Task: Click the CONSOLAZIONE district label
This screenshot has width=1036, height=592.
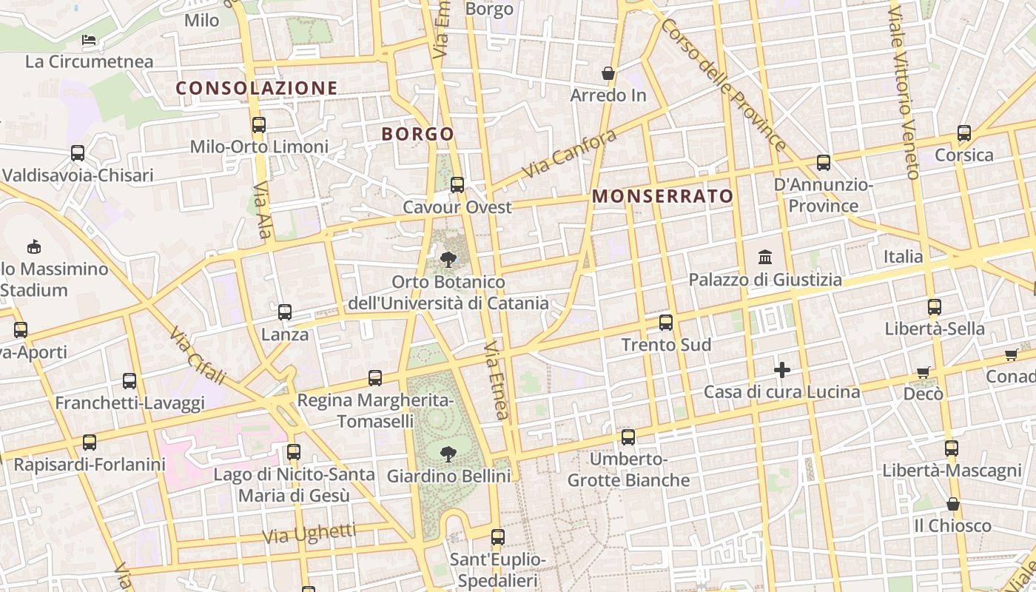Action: click(257, 88)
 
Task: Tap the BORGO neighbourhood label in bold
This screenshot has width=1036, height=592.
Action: click(417, 134)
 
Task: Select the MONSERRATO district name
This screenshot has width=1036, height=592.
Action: click(663, 196)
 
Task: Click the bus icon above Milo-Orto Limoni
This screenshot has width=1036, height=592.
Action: click(259, 125)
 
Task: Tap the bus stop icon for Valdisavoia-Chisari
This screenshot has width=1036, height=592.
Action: click(78, 153)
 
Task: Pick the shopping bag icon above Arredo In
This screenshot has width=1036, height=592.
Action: click(608, 73)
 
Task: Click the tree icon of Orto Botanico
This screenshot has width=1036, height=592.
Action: click(448, 259)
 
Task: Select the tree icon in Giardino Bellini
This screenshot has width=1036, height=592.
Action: click(448, 453)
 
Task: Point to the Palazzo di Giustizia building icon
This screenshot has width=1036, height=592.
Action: click(765, 258)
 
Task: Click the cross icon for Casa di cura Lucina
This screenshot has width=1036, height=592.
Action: click(782, 369)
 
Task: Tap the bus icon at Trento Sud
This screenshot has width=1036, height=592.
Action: click(666, 323)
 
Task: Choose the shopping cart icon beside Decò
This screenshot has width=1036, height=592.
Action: click(923, 372)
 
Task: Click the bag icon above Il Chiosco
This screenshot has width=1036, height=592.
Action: click(953, 504)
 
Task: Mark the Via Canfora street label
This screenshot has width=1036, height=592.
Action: click(569, 154)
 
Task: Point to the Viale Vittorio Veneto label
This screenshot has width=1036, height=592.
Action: click(904, 92)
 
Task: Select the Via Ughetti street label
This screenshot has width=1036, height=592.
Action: click(309, 534)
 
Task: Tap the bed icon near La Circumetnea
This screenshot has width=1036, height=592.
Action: click(90, 39)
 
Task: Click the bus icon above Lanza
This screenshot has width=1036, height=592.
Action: click(285, 312)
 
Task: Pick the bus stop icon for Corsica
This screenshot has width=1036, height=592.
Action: click(964, 133)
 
